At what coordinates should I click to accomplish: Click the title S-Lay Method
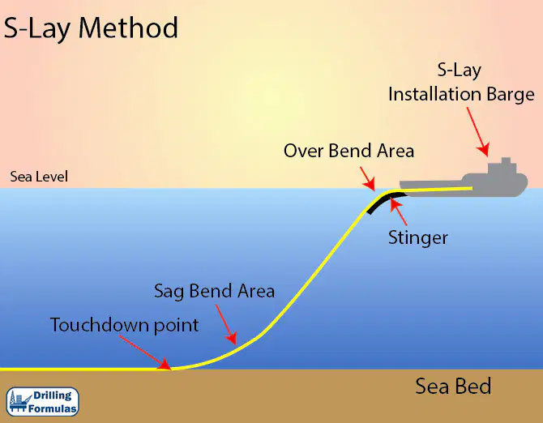click(x=91, y=28)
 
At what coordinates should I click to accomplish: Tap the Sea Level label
click(x=39, y=177)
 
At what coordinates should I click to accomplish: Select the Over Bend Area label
click(x=348, y=151)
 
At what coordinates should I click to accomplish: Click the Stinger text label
click(x=418, y=238)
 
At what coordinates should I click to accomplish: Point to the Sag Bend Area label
click(x=214, y=291)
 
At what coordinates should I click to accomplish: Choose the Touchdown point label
click(x=125, y=325)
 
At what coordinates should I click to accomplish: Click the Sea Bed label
click(x=453, y=386)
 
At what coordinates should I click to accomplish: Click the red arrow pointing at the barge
click(x=478, y=132)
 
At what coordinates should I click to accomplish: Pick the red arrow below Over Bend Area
click(x=368, y=178)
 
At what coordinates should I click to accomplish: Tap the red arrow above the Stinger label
click(x=399, y=211)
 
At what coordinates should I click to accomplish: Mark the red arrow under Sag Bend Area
click(x=226, y=325)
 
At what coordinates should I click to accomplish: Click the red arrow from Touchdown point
click(x=145, y=352)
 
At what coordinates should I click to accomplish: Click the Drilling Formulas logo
click(x=43, y=402)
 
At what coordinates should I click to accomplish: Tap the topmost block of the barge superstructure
click(x=506, y=160)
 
